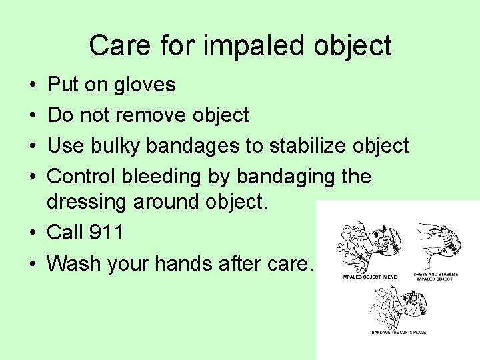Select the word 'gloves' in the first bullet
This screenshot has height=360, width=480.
[145, 85]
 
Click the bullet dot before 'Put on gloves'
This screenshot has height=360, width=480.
[33, 85]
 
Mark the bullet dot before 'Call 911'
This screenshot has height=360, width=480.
[33, 233]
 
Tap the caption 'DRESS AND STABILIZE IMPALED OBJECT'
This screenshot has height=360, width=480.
[434, 277]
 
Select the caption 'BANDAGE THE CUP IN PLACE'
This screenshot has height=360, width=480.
[399, 331]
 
